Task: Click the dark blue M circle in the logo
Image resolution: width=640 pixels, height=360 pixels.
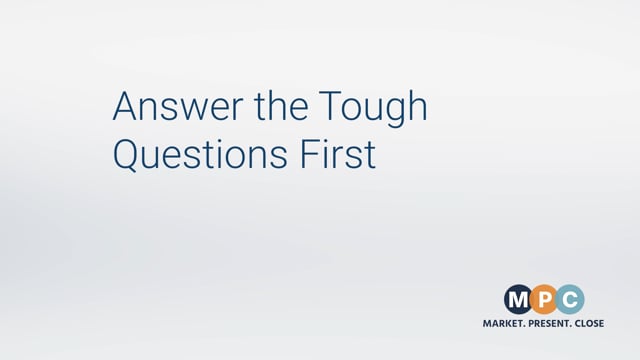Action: tap(519, 298)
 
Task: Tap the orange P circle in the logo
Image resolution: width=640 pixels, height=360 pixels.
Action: tap(545, 298)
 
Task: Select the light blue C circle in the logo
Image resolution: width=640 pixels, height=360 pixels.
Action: tap(571, 298)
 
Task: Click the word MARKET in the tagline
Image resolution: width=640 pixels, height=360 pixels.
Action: tap(505, 323)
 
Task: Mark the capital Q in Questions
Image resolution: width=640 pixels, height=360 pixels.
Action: tap(128, 155)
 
